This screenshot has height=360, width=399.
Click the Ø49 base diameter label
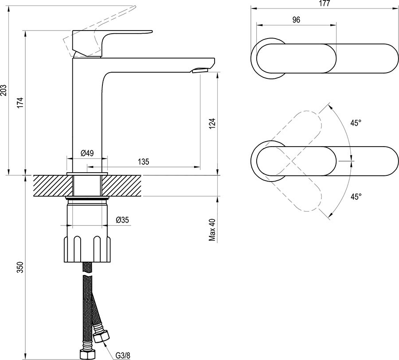click(86, 154)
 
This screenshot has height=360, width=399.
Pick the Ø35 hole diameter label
click(122, 220)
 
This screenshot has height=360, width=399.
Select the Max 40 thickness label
click(212, 229)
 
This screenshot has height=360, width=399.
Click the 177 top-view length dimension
click(325, 4)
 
